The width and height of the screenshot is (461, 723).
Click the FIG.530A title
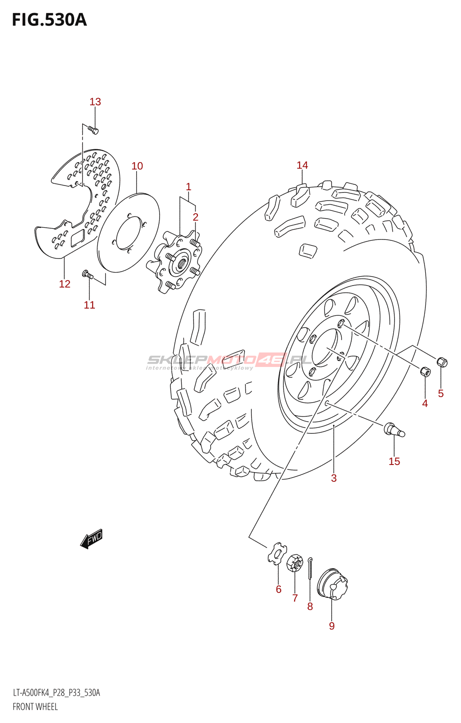click(49, 20)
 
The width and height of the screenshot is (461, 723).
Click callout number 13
click(95, 102)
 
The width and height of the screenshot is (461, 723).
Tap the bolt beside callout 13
click(94, 131)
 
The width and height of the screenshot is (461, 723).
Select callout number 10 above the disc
click(137, 166)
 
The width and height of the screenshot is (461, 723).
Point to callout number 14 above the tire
click(302, 165)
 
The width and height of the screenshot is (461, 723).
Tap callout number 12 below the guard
click(65, 284)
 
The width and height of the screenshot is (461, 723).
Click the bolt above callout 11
click(87, 274)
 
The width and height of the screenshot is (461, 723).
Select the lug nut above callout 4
click(425, 371)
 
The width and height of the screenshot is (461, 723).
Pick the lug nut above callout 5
click(442, 361)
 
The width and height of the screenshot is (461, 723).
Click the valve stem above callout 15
click(394, 429)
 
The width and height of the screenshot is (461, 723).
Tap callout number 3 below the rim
click(334, 478)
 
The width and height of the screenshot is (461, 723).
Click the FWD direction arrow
click(92, 538)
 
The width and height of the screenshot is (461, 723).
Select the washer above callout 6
click(277, 554)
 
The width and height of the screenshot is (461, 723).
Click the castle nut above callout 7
click(294, 563)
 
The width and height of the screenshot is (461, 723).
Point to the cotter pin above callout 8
click(310, 568)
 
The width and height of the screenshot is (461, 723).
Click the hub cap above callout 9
click(332, 584)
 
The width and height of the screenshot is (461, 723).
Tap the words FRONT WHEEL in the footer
click(35, 707)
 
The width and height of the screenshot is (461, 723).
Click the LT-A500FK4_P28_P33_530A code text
click(56, 693)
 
